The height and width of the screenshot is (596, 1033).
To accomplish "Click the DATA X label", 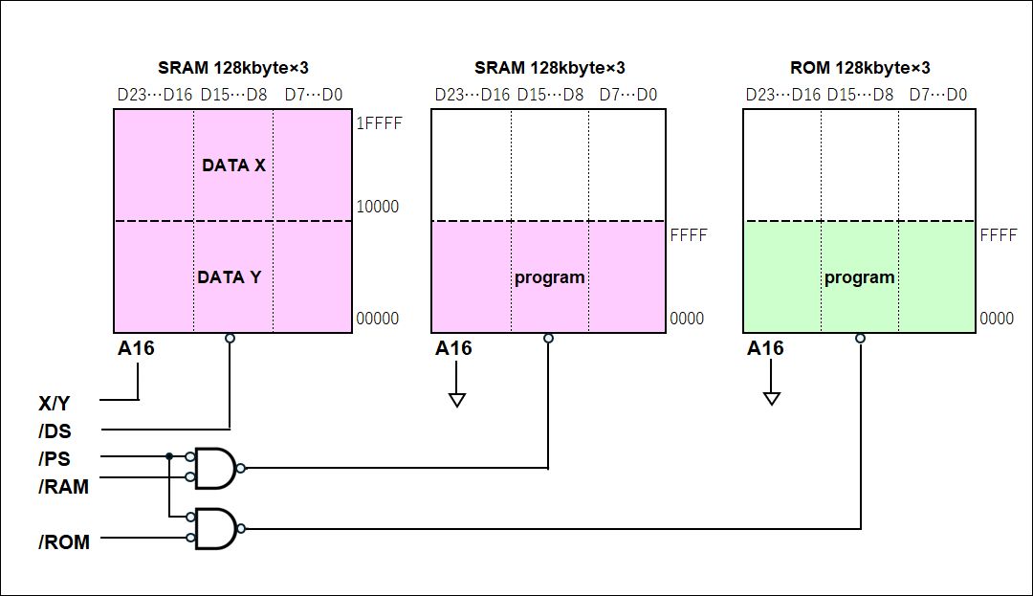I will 233,166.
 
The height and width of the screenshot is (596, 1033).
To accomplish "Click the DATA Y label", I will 230,277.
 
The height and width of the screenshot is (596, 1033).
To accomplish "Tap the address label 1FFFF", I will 378,123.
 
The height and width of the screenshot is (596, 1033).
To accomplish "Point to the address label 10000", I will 377,207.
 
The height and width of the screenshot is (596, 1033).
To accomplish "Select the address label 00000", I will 377,319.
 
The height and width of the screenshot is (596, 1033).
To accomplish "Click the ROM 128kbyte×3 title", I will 860,68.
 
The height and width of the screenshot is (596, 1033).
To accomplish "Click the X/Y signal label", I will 55,403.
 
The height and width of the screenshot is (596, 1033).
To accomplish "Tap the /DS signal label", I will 55,431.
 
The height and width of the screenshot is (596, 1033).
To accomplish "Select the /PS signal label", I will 55,458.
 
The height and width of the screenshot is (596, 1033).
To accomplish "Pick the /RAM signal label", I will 64,487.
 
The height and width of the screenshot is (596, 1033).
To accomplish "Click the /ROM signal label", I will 64,542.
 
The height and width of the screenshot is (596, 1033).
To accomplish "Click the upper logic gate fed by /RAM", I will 215,468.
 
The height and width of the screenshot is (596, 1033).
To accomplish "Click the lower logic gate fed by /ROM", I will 215,528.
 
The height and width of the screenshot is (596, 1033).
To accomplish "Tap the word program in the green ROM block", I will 860,277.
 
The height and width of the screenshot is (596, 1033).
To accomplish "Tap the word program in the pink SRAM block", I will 549,277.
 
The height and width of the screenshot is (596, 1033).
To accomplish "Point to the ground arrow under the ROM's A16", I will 772,398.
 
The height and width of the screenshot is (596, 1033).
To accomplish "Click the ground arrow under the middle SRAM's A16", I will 457,398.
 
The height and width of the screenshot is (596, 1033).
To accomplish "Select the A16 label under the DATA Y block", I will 136,348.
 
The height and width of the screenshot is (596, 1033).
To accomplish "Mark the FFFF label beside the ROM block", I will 999,235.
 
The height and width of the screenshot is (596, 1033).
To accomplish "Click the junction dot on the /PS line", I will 168,456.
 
